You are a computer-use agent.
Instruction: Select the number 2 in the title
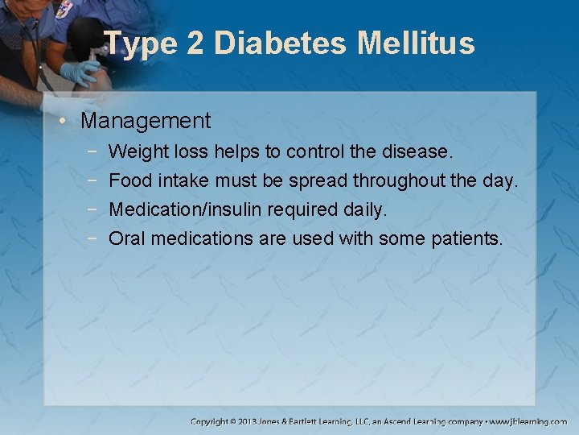[x=195, y=43]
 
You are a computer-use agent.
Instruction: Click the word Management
[x=146, y=122]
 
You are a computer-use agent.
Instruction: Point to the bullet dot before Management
[x=69, y=122]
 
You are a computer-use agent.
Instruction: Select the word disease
[x=423, y=151]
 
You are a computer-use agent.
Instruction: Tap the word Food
[x=131, y=180]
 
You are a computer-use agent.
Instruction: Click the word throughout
[x=399, y=180]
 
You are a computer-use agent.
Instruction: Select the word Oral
[x=127, y=238]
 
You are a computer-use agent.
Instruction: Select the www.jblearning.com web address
[x=528, y=421]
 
